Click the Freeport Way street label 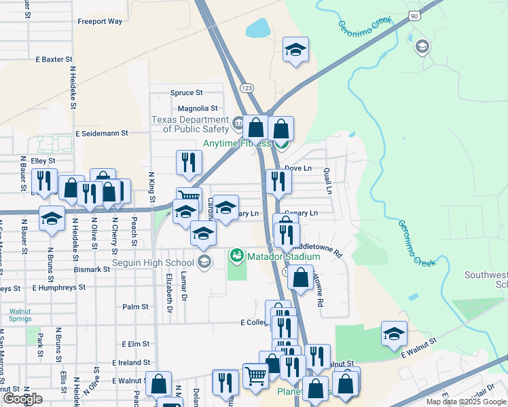[x=100, y=22]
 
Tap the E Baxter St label [x=59, y=60]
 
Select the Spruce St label [x=186, y=93]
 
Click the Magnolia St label [x=198, y=109]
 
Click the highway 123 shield [x=247, y=88]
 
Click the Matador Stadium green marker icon [x=236, y=256]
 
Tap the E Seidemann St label [x=102, y=134]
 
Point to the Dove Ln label [x=298, y=168]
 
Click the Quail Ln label [x=327, y=181]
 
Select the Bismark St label [x=92, y=269]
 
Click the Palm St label [x=135, y=307]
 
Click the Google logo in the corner [x=22, y=399]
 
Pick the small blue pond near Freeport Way [x=259, y=28]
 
